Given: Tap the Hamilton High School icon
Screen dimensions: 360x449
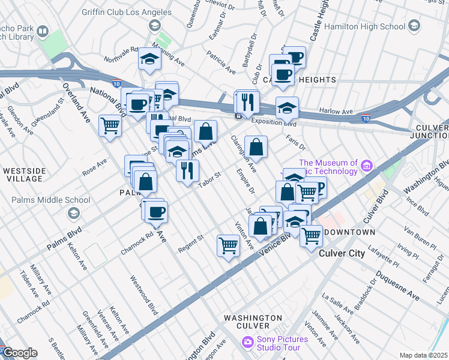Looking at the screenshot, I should click(x=414, y=26).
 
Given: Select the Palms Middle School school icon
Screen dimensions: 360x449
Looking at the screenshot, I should click(x=73, y=213).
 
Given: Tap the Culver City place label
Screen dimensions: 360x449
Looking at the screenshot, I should click(x=341, y=253).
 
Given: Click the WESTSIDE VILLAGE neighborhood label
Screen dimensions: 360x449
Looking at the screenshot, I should click(x=23, y=175).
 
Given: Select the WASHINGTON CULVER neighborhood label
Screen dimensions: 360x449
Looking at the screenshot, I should click(x=253, y=322).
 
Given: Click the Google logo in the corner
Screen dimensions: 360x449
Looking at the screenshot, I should click(x=20, y=353).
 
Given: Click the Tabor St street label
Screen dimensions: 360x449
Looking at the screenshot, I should click(x=211, y=179).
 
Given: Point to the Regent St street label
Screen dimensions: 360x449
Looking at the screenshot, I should click(x=192, y=244).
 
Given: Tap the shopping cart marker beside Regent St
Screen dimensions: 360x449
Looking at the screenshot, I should click(x=228, y=245).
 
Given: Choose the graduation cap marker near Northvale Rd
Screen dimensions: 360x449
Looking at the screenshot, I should click(x=149, y=59).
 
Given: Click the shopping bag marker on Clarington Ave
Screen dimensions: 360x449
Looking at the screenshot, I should click(x=256, y=146).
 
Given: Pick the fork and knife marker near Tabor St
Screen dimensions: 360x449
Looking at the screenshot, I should click(x=187, y=170).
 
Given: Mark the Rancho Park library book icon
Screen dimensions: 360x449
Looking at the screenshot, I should click(x=43, y=31).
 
